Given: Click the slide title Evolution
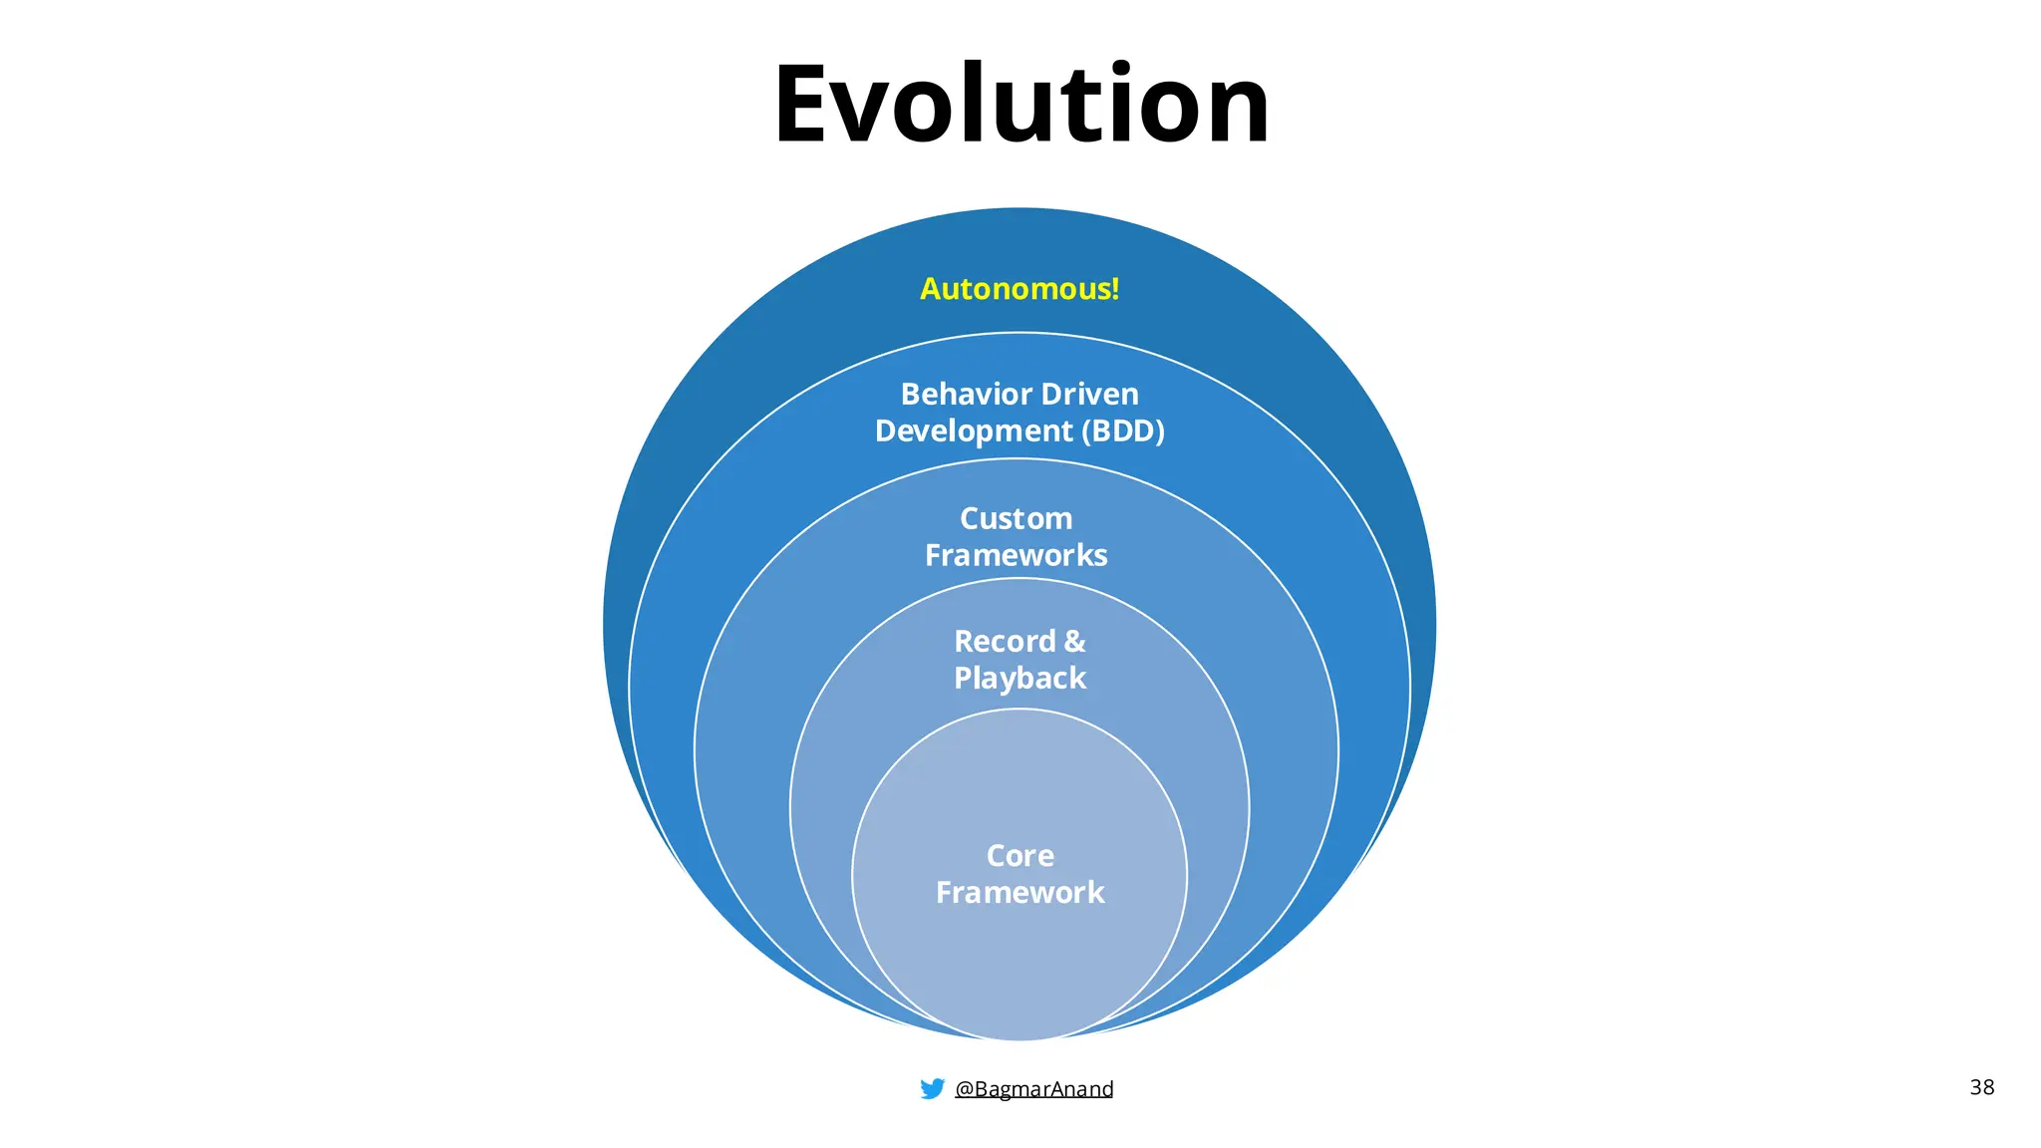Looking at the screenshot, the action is (x=1020, y=105).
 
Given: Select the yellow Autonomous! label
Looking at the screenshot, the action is (x=1019, y=289).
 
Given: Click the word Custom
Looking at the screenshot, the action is (x=1016, y=519).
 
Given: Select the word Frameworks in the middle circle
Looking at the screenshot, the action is (x=1016, y=555).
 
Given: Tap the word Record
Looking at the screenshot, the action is (x=1004, y=642).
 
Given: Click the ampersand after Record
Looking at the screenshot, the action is (x=1074, y=642).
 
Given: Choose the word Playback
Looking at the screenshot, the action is (x=1020, y=679).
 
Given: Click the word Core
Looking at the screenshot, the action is (x=1020, y=856).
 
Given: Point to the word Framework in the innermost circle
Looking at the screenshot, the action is (x=1020, y=893).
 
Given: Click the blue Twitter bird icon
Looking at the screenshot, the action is (x=932, y=1088).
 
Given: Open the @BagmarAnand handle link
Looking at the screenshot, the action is (x=1034, y=1089).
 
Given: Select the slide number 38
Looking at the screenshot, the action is (x=1981, y=1087).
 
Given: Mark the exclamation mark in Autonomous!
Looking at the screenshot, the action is (x=1115, y=289).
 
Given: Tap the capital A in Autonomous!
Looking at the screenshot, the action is (x=931, y=289).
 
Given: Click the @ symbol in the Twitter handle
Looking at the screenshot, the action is (x=964, y=1089).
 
